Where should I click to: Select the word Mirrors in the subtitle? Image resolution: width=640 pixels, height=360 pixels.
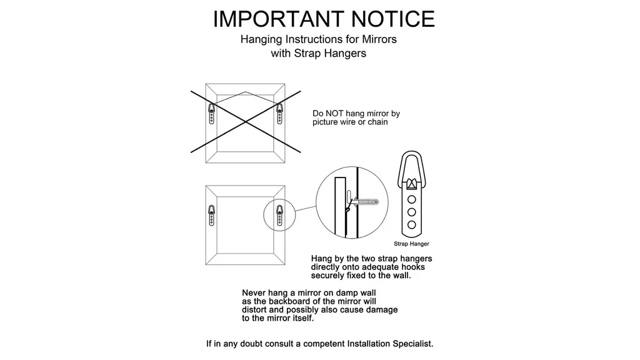[379, 39]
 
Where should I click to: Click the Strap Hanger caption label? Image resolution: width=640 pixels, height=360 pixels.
[411, 244]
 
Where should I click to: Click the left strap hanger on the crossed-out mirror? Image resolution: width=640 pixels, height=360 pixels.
[211, 113]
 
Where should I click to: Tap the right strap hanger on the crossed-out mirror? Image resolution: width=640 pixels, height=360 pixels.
[279, 113]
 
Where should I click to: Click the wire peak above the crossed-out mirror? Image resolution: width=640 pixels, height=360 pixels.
[246, 92]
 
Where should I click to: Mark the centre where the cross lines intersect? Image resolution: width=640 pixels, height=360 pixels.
[246, 122]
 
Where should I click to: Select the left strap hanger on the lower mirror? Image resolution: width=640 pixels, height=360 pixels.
[211, 215]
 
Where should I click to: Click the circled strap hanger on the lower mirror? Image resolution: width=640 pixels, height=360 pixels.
[279, 215]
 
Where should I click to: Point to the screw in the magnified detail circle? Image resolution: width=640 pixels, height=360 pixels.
[364, 202]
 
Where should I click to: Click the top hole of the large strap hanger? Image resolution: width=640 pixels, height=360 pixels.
[412, 199]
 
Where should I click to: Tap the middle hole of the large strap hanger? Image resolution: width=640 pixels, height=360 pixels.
[412, 212]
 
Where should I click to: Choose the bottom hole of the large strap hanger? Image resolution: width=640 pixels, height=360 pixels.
[412, 224]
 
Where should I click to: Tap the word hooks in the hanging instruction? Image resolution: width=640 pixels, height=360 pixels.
[412, 267]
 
